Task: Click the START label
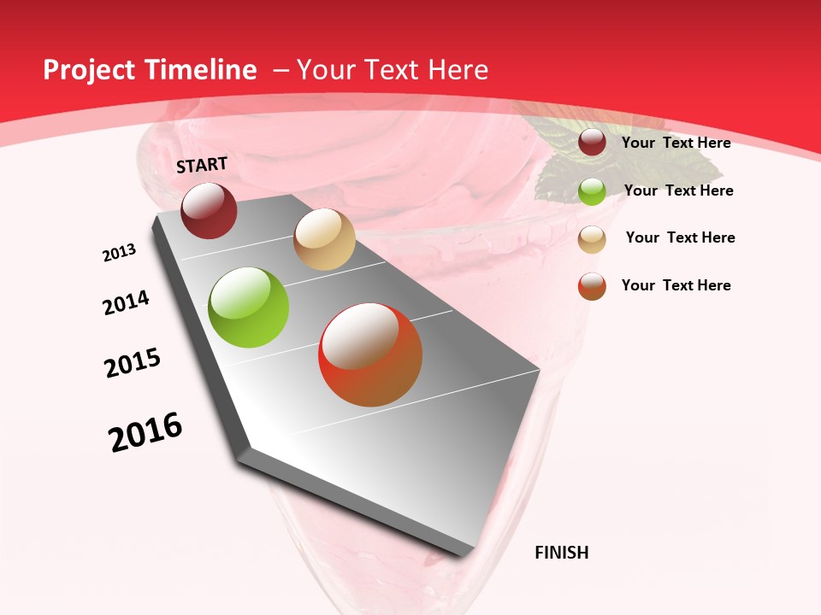(x=202, y=165)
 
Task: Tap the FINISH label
(x=561, y=553)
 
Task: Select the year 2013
(x=119, y=253)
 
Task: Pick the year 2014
(x=127, y=303)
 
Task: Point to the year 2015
(x=133, y=363)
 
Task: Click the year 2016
(x=145, y=432)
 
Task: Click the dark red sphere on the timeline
(x=209, y=211)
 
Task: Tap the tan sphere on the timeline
(x=324, y=239)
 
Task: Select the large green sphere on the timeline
(x=249, y=307)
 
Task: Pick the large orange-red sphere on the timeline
(x=370, y=354)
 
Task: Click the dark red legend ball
(x=592, y=143)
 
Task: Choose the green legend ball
(x=592, y=191)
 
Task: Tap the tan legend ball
(x=592, y=238)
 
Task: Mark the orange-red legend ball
(x=592, y=286)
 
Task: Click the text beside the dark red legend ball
(x=676, y=143)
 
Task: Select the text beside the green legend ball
(x=678, y=190)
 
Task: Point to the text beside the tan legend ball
(x=680, y=237)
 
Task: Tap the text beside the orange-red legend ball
(x=676, y=285)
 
